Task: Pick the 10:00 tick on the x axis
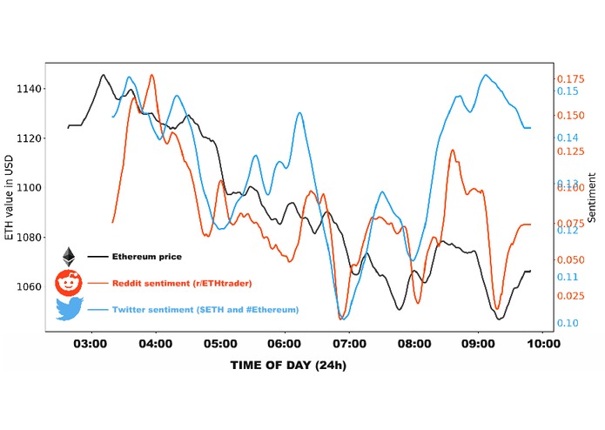click(x=541, y=344)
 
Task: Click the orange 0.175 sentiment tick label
click(x=570, y=79)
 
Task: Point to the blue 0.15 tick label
click(x=568, y=91)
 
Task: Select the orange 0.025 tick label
click(x=570, y=297)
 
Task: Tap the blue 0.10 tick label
click(x=568, y=323)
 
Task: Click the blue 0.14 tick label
click(x=568, y=138)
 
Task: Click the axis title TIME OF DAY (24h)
click(x=288, y=365)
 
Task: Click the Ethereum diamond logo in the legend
click(x=68, y=257)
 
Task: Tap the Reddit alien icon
click(x=68, y=282)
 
